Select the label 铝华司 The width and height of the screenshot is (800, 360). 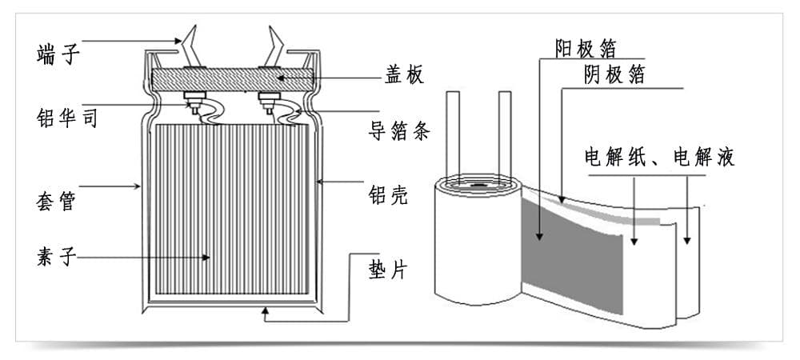click(x=67, y=118)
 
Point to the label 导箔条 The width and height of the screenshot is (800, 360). click(x=399, y=130)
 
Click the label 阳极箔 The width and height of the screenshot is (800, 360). click(x=586, y=49)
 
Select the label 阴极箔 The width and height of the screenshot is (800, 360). click(x=614, y=75)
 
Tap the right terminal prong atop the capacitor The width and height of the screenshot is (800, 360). click(x=274, y=45)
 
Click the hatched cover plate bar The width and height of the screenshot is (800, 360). click(x=233, y=79)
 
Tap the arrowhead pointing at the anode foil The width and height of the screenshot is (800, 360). click(x=539, y=235)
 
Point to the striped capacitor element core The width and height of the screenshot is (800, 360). click(x=232, y=209)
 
